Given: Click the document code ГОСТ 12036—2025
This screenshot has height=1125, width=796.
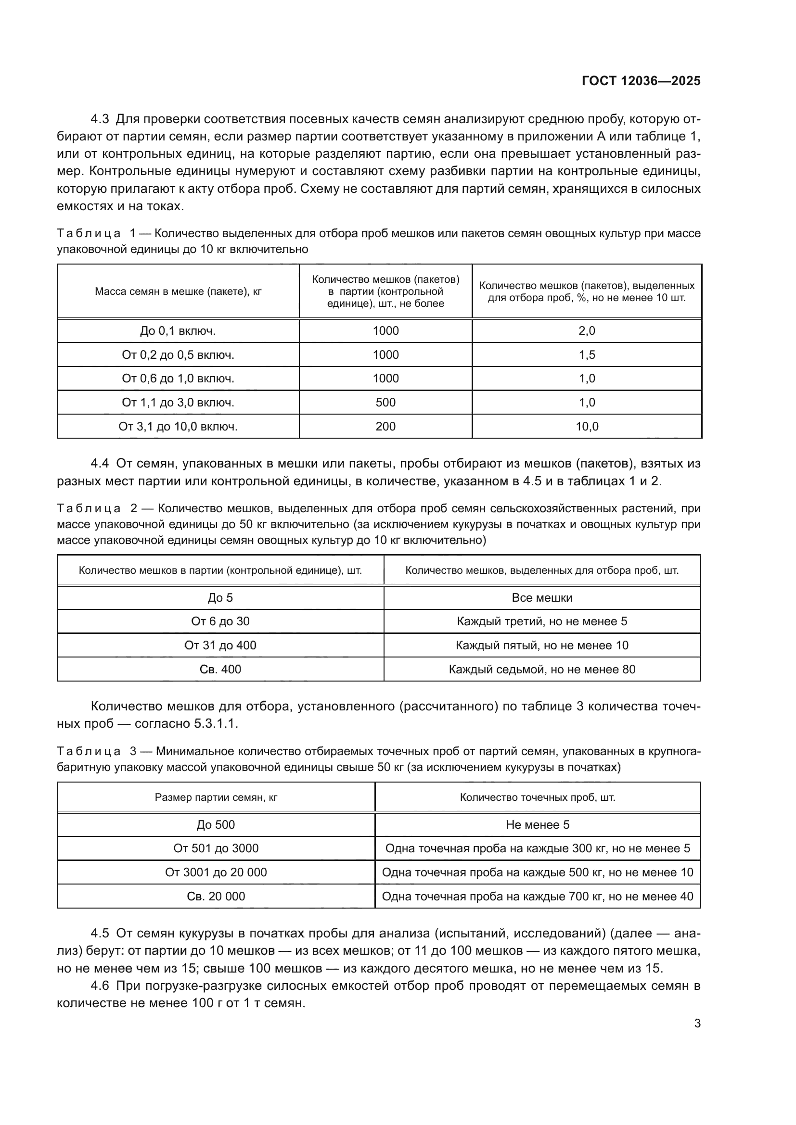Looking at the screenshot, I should click(641, 81).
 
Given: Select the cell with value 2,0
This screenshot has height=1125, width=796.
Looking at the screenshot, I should click(587, 331).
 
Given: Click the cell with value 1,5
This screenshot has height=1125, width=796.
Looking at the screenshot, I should click(587, 355).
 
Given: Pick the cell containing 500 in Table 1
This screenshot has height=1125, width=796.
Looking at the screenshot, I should click(385, 402).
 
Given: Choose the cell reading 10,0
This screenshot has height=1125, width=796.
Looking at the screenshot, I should click(587, 426).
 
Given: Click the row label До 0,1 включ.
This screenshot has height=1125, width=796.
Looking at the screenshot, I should click(178, 331).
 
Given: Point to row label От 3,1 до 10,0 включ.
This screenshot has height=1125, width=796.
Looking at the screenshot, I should click(178, 426).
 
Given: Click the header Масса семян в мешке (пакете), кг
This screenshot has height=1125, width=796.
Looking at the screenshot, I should click(178, 291).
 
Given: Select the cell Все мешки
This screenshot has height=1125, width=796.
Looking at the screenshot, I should click(541, 598).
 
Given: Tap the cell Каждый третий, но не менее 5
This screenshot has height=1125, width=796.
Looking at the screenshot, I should click(541, 621).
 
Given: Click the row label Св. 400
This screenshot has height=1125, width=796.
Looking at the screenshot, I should click(220, 670).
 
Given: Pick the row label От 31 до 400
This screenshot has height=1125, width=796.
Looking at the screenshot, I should click(220, 645).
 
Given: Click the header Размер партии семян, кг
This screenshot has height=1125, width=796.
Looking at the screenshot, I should click(216, 797).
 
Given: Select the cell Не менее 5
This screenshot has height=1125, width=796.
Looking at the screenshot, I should click(537, 825).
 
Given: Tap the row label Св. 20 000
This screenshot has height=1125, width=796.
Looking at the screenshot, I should click(216, 896).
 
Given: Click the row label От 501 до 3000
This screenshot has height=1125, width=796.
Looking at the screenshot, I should click(216, 848).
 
